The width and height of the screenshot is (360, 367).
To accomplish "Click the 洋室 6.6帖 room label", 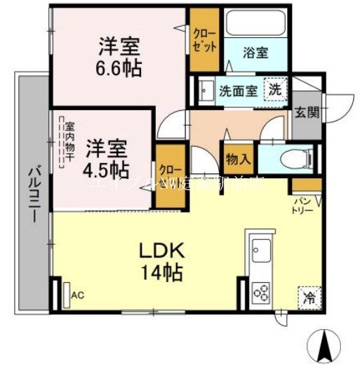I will tap(119, 57).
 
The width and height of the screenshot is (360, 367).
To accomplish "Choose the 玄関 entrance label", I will tap(305, 112).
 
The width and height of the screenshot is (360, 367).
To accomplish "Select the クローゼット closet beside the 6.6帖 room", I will tap(205, 39).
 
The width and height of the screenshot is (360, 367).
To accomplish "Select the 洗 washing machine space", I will tap(276, 91).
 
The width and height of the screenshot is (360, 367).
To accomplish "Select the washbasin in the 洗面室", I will tap(206, 90).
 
